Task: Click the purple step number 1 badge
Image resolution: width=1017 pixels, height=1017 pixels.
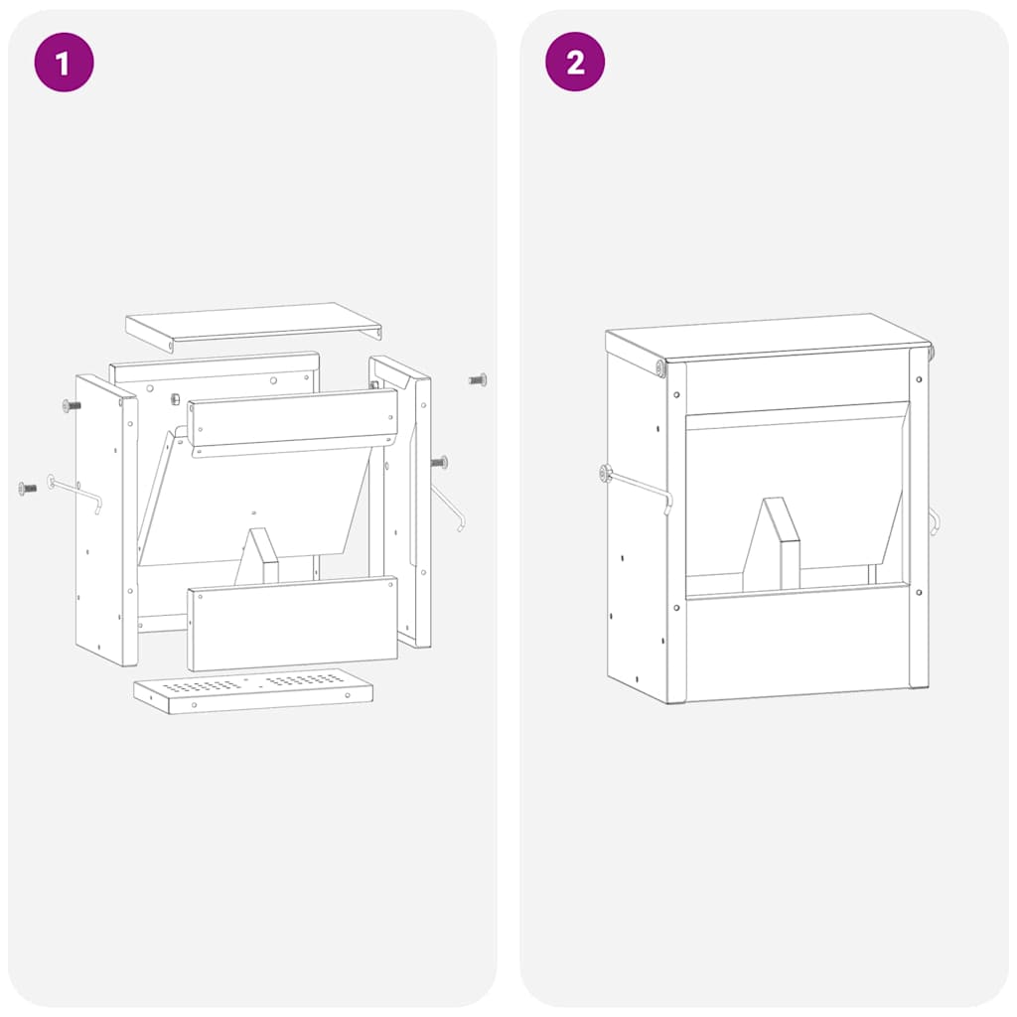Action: tap(64, 63)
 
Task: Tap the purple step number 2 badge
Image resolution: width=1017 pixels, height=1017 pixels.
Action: tap(575, 62)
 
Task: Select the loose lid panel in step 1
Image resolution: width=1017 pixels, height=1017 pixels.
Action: tap(253, 327)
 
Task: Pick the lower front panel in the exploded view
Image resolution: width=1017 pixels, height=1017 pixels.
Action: tap(293, 624)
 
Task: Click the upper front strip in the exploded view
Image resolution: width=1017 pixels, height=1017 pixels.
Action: tap(293, 422)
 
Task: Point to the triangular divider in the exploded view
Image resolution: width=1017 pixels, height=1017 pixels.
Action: tap(257, 556)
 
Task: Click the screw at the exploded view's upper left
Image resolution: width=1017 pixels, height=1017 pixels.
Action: tap(72, 406)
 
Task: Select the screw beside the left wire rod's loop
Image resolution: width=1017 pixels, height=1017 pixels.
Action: tap(27, 488)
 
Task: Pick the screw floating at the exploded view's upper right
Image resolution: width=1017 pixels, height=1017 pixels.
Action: tap(478, 379)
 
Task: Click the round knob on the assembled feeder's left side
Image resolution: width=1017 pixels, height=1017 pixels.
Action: tap(606, 474)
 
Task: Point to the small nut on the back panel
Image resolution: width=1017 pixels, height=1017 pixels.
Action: tap(175, 399)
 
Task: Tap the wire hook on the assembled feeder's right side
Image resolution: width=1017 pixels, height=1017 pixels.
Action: tap(934, 520)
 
